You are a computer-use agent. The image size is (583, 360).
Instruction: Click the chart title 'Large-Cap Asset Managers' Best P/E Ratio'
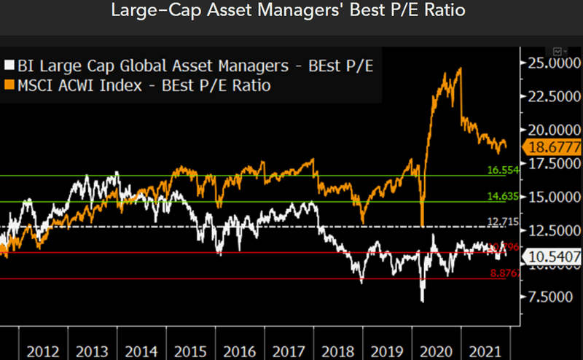coord(291,11)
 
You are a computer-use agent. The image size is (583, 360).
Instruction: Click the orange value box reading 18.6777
coord(552,147)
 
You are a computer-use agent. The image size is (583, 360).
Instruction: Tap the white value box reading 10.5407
coord(552,257)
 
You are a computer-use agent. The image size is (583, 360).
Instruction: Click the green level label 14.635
coord(502,196)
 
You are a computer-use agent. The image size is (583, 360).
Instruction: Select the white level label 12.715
coord(502,222)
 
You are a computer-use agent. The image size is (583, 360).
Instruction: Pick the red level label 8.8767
coord(502,273)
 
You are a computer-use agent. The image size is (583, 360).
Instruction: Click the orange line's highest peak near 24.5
coord(460,69)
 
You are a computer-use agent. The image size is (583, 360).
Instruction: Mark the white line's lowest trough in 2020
coord(422,301)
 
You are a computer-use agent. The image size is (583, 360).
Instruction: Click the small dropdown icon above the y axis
coord(560,52)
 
